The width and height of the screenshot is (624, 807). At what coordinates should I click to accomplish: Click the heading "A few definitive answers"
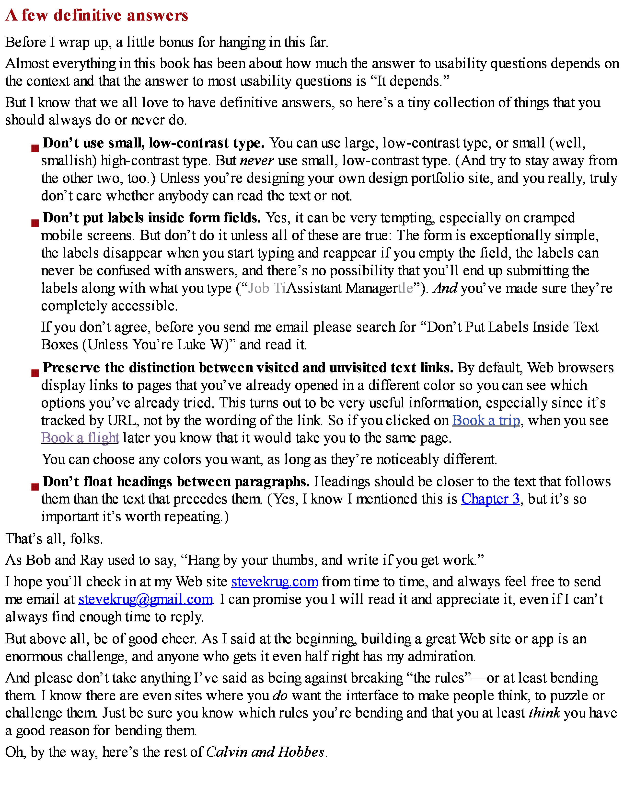[x=97, y=15]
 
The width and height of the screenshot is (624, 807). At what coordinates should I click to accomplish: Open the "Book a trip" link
[x=486, y=421]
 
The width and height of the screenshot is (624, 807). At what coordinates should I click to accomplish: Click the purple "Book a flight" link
[x=80, y=438]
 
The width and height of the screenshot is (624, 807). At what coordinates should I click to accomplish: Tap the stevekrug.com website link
[x=275, y=582]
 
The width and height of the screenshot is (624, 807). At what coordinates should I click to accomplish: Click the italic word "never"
[x=256, y=161]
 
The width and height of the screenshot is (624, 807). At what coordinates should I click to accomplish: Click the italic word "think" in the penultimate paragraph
[x=544, y=713]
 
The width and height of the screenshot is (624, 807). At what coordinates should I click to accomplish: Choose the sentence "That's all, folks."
[x=54, y=539]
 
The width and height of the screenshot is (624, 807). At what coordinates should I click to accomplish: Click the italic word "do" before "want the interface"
[x=280, y=695]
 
